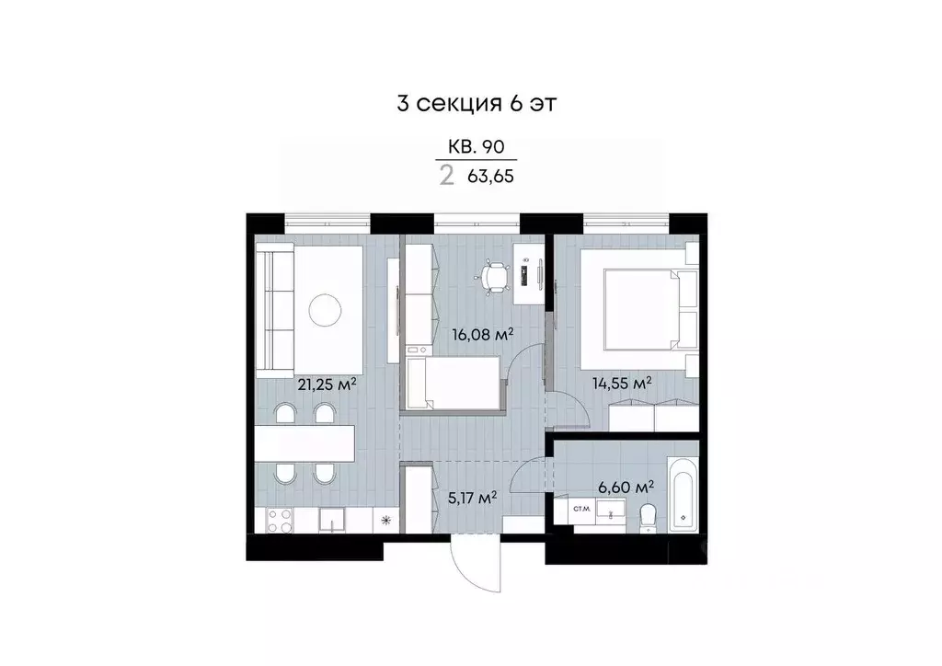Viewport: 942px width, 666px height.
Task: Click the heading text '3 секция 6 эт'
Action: coord(476,103)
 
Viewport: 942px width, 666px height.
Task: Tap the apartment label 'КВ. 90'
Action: coord(476,146)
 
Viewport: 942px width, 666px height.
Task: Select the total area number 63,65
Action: coord(491,175)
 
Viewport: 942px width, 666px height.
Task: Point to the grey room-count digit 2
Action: coord(447,175)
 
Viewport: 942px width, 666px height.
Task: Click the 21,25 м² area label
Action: coord(326,384)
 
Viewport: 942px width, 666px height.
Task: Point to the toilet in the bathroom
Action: coord(649,516)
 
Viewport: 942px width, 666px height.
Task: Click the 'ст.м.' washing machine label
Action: coord(581,508)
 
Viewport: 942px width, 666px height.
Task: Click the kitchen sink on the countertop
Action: coord(331,522)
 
